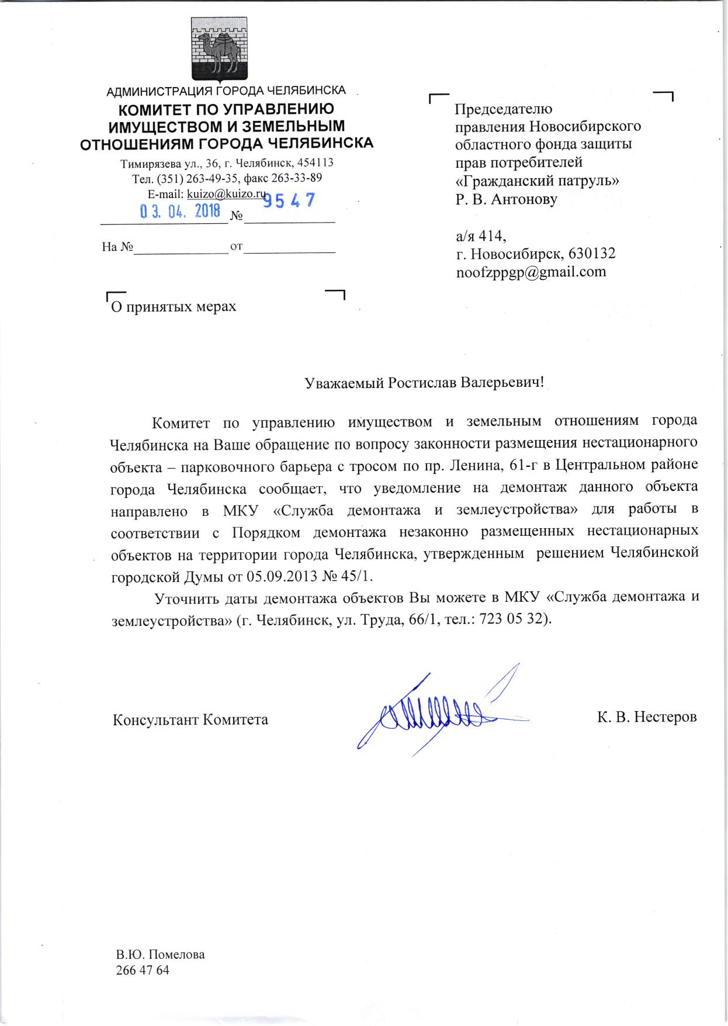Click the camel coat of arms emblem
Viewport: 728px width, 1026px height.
click(220, 50)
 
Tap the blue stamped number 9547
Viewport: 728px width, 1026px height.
click(289, 201)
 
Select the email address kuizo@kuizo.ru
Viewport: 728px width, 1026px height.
click(226, 193)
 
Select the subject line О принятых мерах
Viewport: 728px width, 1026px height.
click(174, 306)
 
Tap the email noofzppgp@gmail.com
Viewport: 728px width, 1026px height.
click(531, 272)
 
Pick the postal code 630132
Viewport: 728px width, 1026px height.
click(591, 254)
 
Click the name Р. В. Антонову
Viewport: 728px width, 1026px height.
click(506, 199)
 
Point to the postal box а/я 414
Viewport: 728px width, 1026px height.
click(480, 236)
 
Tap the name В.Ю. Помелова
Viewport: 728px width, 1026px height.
click(161, 955)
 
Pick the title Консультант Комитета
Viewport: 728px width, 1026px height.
click(190, 719)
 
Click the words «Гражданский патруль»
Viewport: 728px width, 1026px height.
click(537, 181)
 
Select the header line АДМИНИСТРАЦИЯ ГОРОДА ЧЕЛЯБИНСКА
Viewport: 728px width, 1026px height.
click(226, 91)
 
